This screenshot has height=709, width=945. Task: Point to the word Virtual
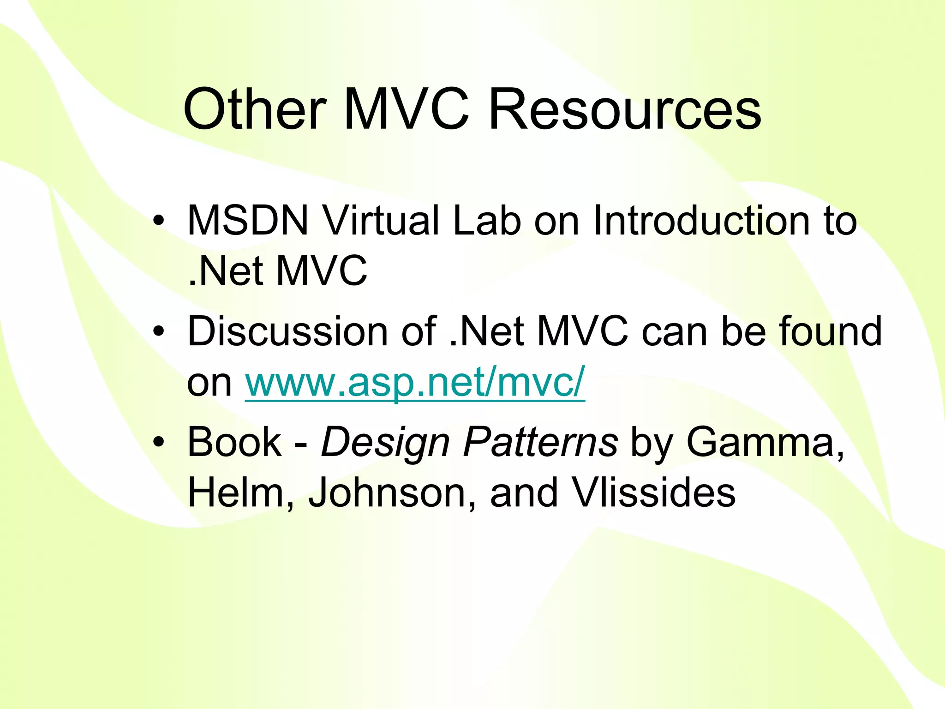(381, 221)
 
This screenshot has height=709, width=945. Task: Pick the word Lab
(487, 221)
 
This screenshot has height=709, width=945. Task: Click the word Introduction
(702, 221)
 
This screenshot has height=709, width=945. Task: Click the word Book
(234, 442)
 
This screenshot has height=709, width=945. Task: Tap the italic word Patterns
(540, 442)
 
